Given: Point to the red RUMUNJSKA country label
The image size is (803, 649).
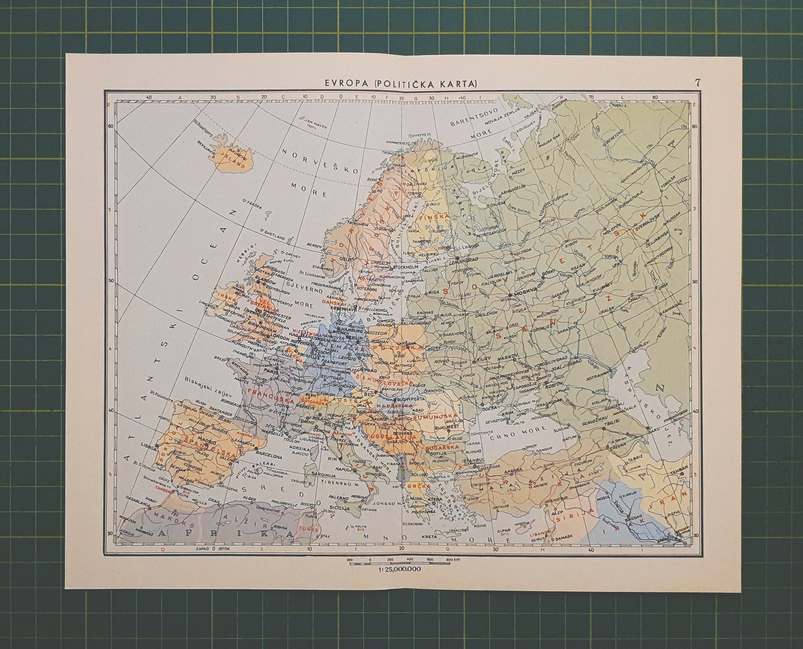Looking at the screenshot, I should pyautogui.click(x=435, y=417).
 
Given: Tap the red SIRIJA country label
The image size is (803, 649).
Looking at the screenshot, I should pyautogui.click(x=567, y=519).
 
